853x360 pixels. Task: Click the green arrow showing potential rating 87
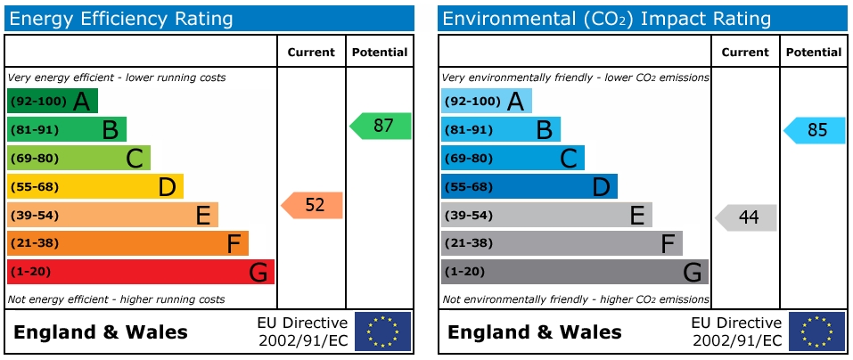(381, 127)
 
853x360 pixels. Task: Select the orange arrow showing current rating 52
(313, 205)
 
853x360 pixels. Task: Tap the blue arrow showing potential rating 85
(816, 130)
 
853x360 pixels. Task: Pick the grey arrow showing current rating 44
(747, 217)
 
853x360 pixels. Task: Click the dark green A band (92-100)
(52, 101)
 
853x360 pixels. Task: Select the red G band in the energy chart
(140, 272)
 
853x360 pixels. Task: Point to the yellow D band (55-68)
(94, 186)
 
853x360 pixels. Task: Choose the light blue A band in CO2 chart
(486, 101)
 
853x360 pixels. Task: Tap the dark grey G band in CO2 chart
(574, 272)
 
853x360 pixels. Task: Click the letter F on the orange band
(234, 243)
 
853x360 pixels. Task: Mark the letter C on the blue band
(568, 159)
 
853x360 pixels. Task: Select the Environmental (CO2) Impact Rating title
(606, 19)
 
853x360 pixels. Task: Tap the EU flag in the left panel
(383, 331)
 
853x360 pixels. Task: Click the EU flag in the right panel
(816, 331)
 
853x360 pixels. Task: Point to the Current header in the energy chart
(311, 53)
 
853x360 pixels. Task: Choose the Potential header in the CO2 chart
(813, 53)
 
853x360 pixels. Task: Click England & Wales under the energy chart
(101, 332)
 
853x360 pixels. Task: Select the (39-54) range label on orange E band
(34, 215)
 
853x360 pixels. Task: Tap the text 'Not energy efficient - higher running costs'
(116, 299)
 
